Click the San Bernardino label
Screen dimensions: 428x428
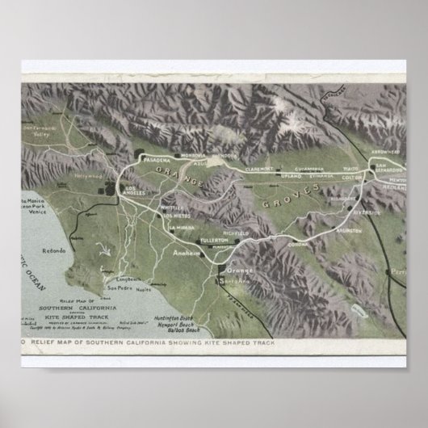click(x=387, y=168)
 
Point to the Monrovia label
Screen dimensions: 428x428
click(x=193, y=153)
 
